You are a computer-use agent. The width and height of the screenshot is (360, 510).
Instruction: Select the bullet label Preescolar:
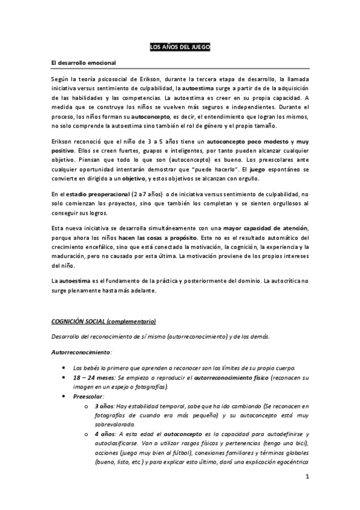(x=88, y=397)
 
